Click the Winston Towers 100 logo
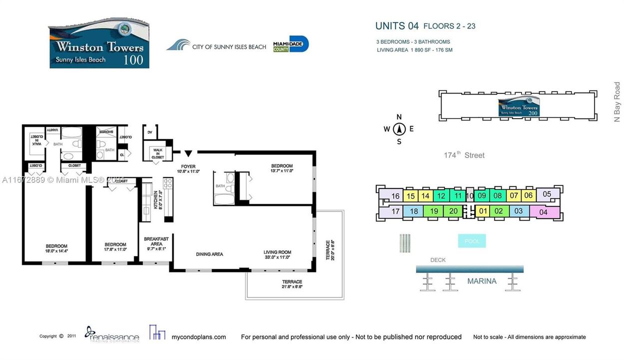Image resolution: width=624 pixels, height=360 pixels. point(99,44)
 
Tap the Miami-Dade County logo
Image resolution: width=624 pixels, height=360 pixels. point(291,44)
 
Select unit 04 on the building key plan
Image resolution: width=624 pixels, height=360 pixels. point(544,212)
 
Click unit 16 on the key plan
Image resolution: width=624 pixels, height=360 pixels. point(395,196)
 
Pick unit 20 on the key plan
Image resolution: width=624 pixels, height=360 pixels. point(453,211)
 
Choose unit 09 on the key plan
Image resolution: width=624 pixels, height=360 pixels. point(482,195)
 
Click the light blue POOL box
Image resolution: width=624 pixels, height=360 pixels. point(472,241)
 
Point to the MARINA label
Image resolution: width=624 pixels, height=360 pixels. point(482,281)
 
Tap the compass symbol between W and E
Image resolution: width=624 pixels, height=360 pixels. point(399,129)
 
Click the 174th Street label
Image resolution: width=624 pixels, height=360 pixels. point(464,155)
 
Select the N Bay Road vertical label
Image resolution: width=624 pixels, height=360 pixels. point(617,102)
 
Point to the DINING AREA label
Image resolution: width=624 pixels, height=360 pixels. point(210,254)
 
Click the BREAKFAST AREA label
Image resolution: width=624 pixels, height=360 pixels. point(156,241)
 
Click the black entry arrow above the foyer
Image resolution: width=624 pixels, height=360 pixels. point(188,153)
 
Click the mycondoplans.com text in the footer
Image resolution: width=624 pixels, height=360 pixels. point(199,337)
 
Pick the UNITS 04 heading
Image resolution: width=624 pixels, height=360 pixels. point(397,26)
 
